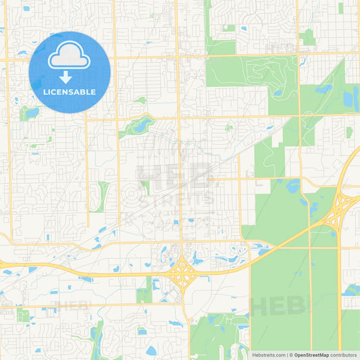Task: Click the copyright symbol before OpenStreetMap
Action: click(x=290, y=355)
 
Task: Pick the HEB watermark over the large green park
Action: click(x=278, y=305)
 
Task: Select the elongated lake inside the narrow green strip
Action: click(x=143, y=124)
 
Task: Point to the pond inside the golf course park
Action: click(x=276, y=93)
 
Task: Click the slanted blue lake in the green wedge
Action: click(x=322, y=88)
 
